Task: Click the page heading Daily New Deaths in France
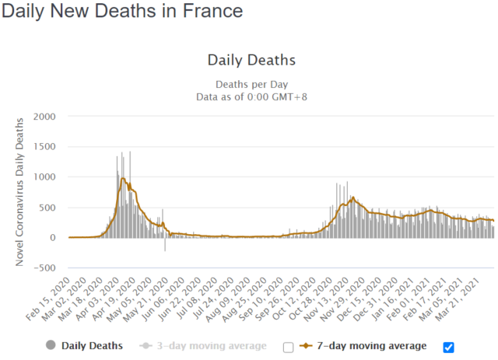pos(121,12)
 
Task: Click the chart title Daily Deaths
pos(251,60)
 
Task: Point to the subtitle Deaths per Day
pos(251,84)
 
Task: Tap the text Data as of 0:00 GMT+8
pos(251,96)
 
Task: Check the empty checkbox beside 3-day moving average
pos(289,347)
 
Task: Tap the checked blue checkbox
pos(449,347)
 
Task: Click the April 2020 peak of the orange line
pos(123,178)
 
